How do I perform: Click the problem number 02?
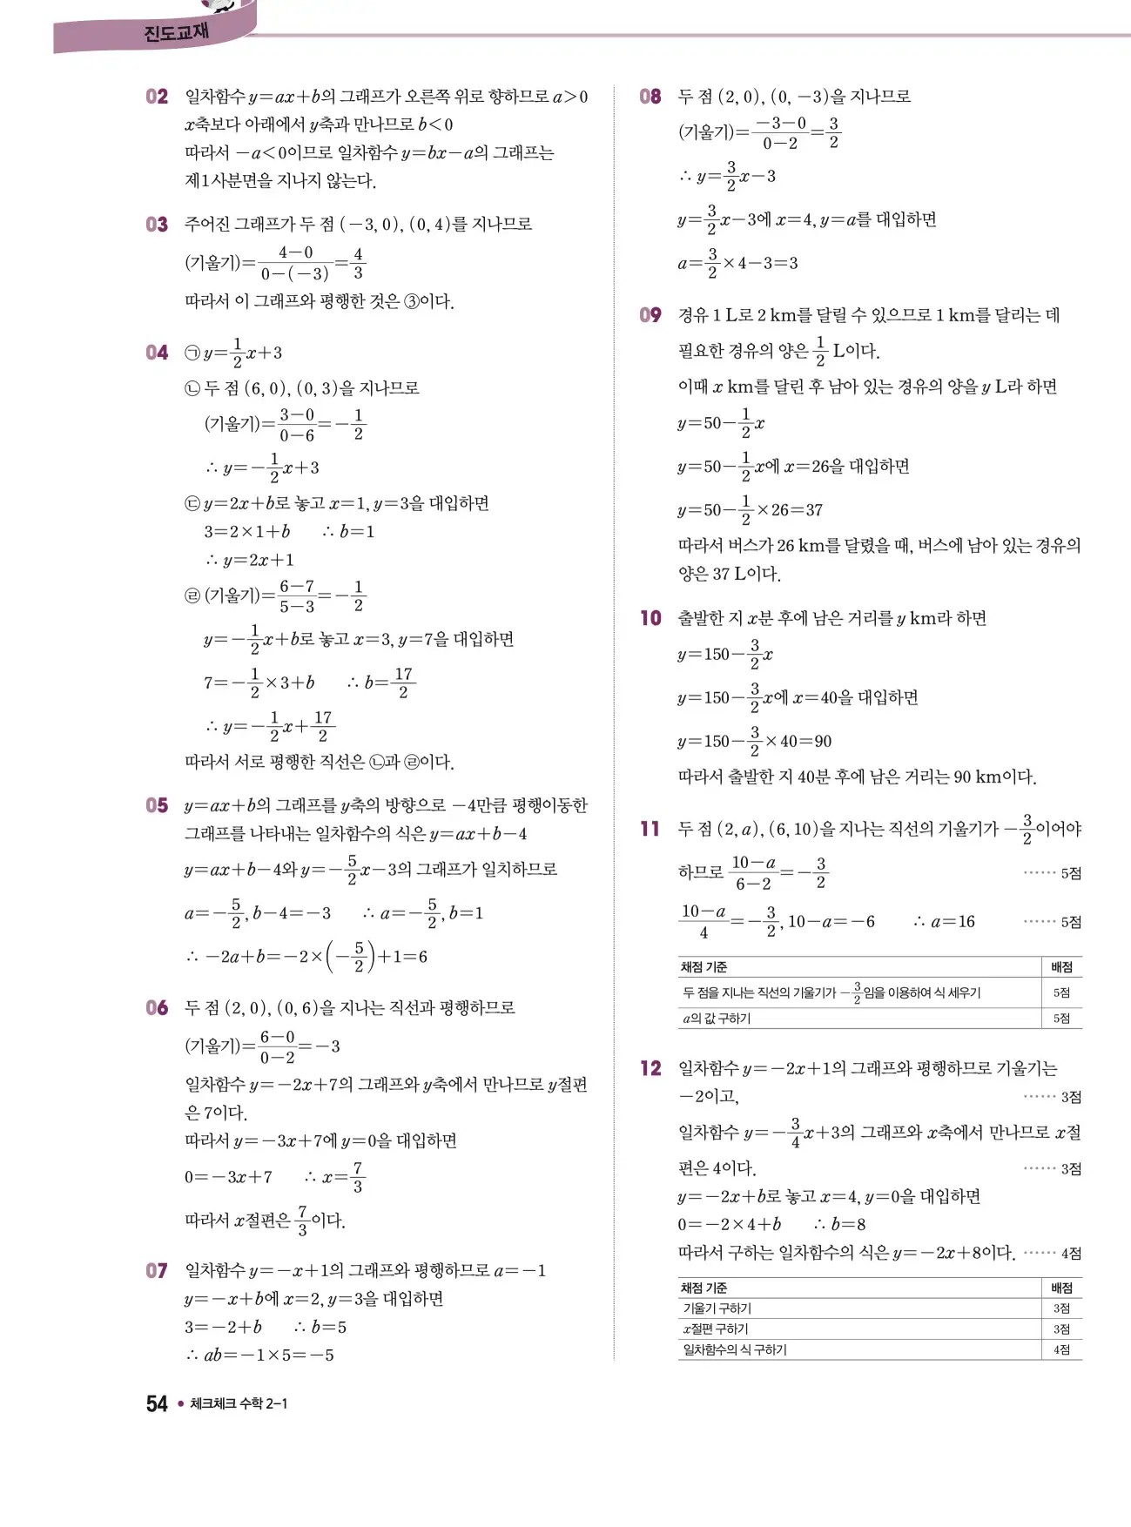157,97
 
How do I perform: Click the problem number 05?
157,805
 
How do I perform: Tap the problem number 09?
650,315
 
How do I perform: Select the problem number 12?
650,1068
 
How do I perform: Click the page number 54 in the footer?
157,1403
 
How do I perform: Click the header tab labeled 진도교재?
176,33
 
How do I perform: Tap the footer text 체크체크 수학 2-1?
239,1403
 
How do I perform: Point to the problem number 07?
157,1271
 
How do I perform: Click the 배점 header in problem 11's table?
1061,967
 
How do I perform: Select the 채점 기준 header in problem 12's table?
704,1288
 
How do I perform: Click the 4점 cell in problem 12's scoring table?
1061,1349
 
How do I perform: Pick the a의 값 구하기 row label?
716,1018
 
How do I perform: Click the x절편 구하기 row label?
716,1329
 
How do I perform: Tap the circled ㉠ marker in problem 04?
192,353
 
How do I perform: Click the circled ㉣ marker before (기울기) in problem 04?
192,595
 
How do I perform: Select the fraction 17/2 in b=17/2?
403,683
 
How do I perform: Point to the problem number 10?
650,618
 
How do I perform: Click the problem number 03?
157,225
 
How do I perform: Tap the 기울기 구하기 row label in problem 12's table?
717,1308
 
